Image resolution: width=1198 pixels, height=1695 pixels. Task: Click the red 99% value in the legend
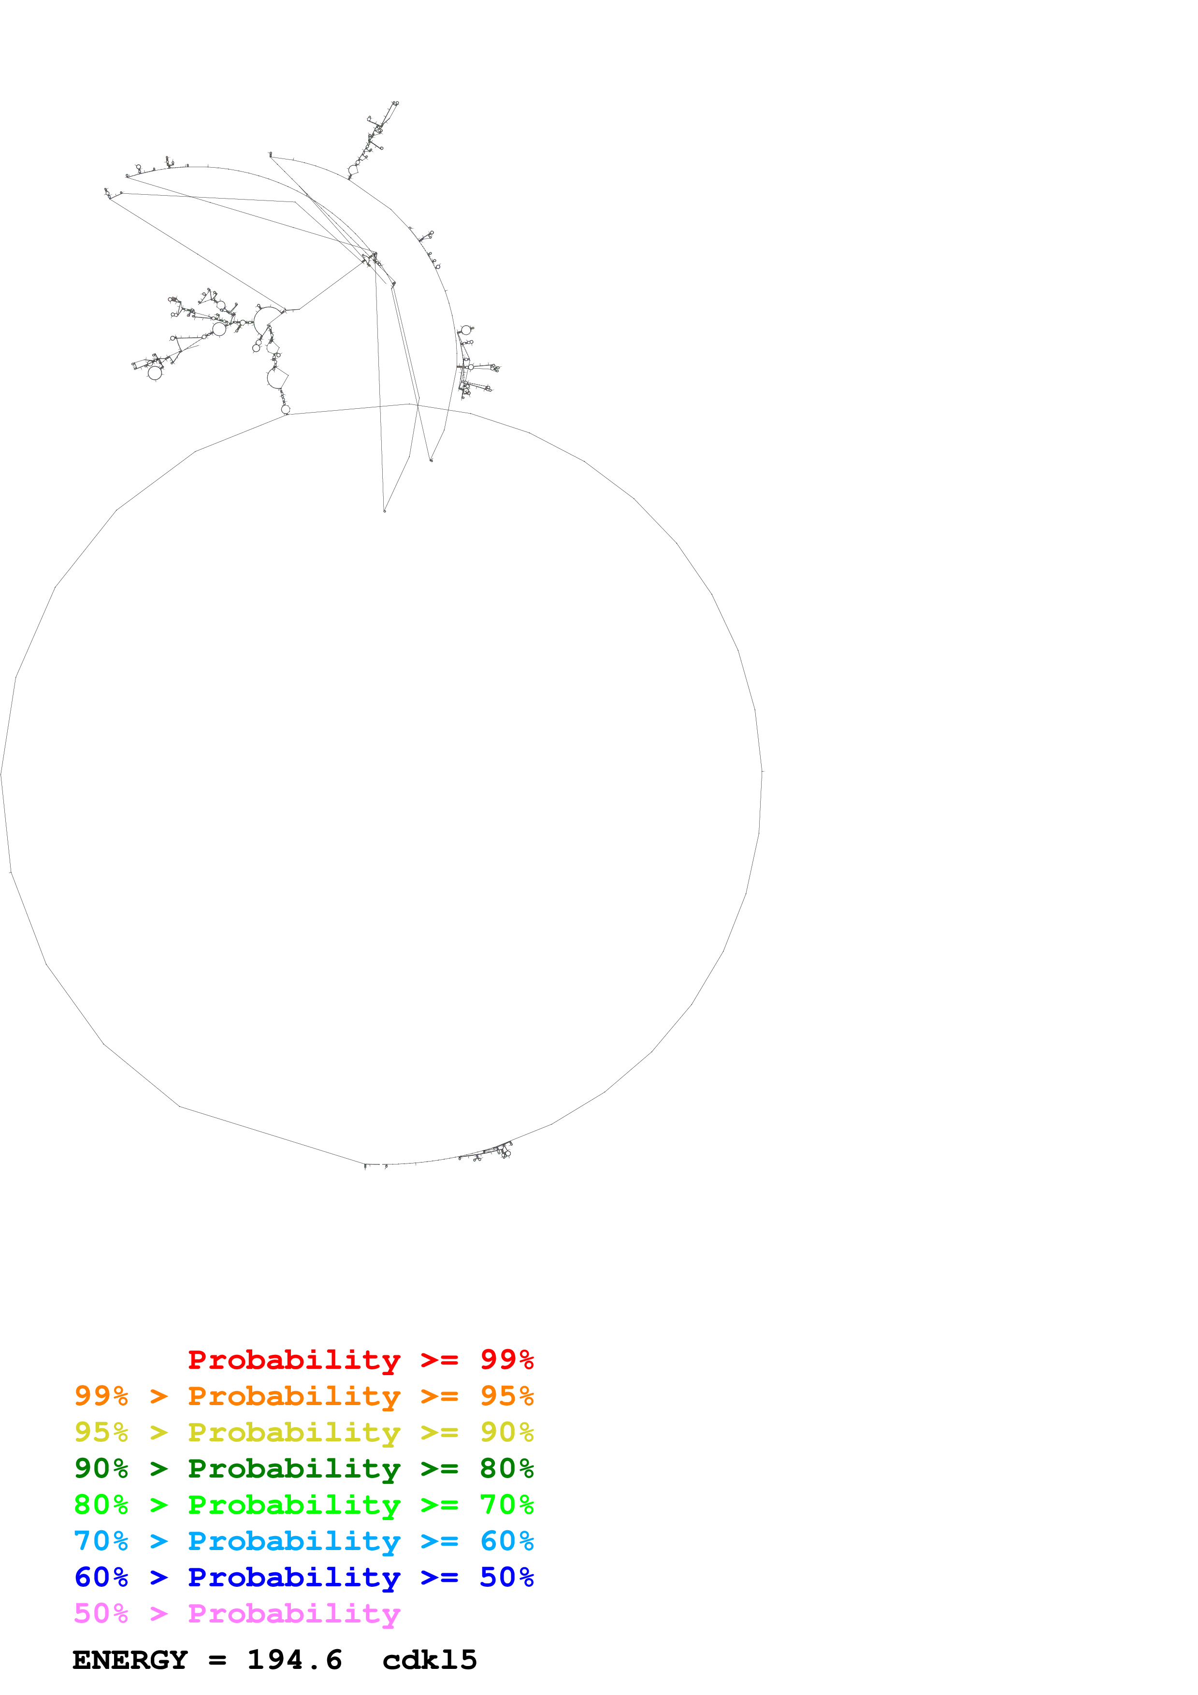click(x=506, y=1360)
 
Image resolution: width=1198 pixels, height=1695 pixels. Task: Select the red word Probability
click(x=294, y=1360)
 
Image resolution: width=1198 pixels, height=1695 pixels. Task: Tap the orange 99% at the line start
click(x=101, y=1396)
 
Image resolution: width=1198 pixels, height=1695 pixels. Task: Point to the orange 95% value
click(x=506, y=1396)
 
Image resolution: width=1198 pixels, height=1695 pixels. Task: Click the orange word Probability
click(x=294, y=1396)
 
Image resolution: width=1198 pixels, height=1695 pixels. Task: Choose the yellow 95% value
click(x=101, y=1432)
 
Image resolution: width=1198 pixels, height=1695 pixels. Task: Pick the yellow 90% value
click(x=506, y=1432)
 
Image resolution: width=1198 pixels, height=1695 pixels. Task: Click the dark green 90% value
click(x=101, y=1468)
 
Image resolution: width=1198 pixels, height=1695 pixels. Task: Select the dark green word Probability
click(x=294, y=1468)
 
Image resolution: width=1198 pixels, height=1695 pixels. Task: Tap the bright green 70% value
click(x=506, y=1505)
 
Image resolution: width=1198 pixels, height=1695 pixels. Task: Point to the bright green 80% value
click(x=101, y=1505)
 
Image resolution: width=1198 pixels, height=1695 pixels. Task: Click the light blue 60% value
click(x=506, y=1541)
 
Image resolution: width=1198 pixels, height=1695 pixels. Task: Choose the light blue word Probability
click(x=294, y=1541)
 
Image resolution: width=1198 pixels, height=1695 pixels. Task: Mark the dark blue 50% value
click(x=506, y=1577)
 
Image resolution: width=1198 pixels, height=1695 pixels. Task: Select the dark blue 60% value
click(x=101, y=1577)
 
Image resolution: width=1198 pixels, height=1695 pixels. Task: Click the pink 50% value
click(x=101, y=1613)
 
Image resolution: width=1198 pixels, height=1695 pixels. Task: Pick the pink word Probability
click(x=294, y=1613)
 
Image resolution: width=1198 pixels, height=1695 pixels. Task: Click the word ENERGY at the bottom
click(x=130, y=1660)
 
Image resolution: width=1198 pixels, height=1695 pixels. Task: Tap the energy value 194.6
click(x=294, y=1660)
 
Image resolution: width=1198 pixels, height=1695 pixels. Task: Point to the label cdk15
click(x=430, y=1660)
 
